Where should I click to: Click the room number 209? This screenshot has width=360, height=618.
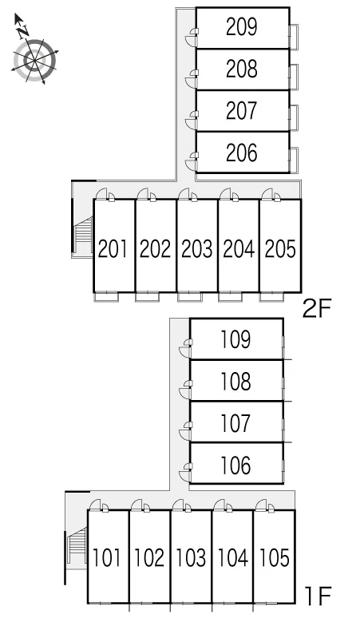coord(241,27)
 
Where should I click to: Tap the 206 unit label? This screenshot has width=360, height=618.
coord(241,153)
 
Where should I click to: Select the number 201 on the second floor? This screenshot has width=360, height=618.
coord(113,249)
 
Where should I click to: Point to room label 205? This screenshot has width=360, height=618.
coord(280,249)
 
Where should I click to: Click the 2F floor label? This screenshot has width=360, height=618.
coord(317,309)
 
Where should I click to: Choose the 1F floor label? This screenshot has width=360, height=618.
coord(318,596)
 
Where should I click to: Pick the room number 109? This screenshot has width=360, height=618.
coord(235,339)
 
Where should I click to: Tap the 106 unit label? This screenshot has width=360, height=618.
coord(235,465)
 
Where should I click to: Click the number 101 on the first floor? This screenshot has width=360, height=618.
coord(107,557)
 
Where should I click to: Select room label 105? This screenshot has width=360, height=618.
coord(274,557)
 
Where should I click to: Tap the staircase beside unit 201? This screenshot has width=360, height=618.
coord(83,235)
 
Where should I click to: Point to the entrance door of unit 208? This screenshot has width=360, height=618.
coord(191,79)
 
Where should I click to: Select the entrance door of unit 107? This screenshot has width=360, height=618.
coord(184,432)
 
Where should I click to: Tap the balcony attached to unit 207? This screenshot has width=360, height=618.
coord(294,117)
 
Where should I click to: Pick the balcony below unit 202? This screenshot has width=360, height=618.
coord(148,297)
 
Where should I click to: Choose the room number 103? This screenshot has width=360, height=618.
coord(191,557)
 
